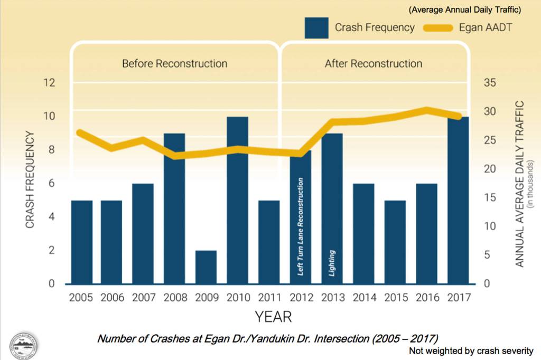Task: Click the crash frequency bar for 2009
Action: click(x=206, y=267)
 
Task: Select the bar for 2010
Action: click(x=237, y=201)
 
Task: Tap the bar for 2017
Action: click(x=458, y=201)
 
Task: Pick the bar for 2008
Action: click(x=174, y=209)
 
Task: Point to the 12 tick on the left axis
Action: click(x=50, y=83)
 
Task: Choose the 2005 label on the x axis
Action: click(x=81, y=298)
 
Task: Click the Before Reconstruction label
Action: click(x=174, y=64)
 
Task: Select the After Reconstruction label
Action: click(x=373, y=64)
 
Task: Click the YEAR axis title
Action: click(x=273, y=317)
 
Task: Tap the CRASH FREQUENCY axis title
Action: click(x=30, y=180)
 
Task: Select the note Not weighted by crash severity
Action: click(x=471, y=351)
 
